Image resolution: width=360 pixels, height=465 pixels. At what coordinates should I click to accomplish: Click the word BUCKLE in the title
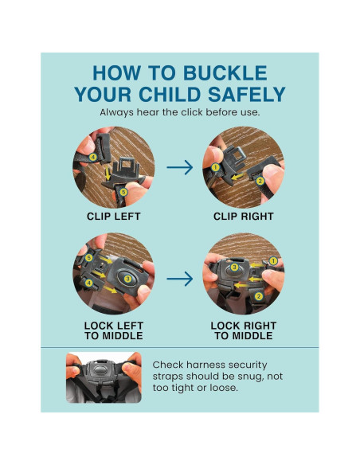pos(225,73)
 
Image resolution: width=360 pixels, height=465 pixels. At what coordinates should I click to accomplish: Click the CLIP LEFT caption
pos(114,217)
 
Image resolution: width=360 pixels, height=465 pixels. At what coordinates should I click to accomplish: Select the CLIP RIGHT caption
pos(244,217)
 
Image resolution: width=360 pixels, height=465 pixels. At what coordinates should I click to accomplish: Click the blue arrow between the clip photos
pos(180,167)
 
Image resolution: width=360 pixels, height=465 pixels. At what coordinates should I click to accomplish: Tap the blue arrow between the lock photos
pos(180,279)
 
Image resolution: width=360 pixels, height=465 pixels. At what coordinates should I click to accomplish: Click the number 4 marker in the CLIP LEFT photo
pos(93,157)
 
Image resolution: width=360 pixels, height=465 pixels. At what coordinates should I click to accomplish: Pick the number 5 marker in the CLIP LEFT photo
pos(123,192)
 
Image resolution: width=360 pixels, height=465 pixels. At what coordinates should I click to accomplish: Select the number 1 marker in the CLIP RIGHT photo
pos(215,167)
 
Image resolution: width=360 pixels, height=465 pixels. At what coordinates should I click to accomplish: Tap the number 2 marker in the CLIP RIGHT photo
pos(260,181)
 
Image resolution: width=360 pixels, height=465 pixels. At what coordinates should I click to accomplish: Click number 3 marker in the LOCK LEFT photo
pos(127,279)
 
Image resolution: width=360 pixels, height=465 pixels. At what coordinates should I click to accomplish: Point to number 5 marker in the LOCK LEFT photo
pos(88,258)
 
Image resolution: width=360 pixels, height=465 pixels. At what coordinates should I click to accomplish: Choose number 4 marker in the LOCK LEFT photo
pos(88,283)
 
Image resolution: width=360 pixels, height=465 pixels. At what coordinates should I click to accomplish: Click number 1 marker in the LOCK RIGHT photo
pos(273,261)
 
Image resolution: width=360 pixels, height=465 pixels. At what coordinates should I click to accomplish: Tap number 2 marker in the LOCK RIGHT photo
pos(259,296)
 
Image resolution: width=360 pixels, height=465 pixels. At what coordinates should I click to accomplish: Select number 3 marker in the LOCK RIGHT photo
pos(235,268)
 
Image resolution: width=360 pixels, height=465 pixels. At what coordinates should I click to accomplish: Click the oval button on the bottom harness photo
pos(100,370)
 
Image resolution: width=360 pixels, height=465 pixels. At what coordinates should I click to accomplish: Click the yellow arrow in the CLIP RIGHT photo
pos(237,177)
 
